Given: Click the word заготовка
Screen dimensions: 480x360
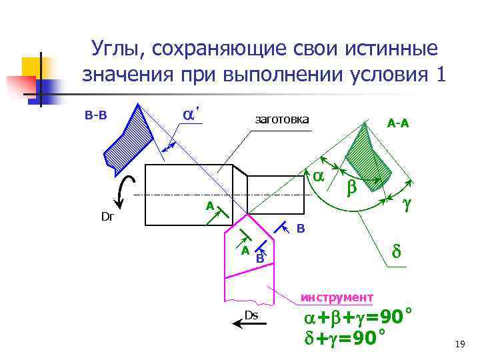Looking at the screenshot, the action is tap(282, 119).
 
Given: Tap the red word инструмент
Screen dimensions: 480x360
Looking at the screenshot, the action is tap(337, 297).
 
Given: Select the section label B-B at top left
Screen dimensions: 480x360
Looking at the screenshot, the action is tap(96, 115).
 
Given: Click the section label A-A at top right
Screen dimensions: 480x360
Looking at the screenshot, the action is tap(398, 123).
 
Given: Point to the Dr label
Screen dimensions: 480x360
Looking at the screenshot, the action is tap(107, 217).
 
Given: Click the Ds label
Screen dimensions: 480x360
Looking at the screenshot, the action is tap(251, 315).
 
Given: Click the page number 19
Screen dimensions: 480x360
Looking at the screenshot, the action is tap(459, 344).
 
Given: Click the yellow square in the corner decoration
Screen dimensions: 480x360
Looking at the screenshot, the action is tap(32, 67).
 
